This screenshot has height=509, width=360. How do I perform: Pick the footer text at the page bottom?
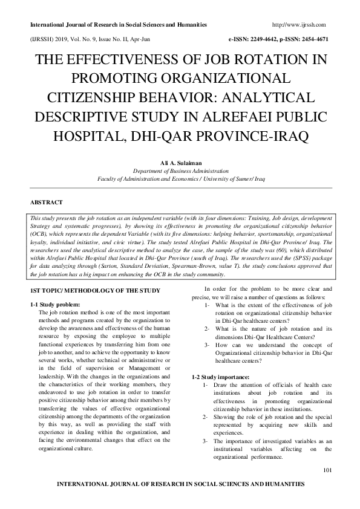pyautogui.click(x=180, y=484)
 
